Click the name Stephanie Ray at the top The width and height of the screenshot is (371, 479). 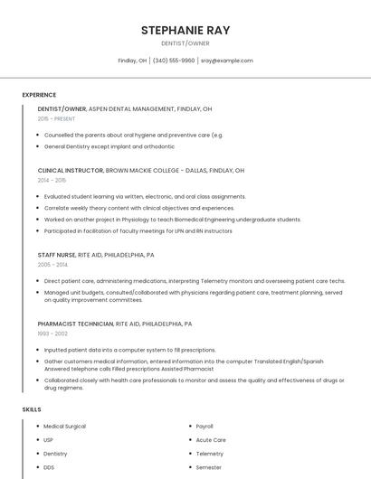tap(185, 31)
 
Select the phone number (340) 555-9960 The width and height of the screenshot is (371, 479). tap(174, 61)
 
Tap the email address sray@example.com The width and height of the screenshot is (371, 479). tap(227, 61)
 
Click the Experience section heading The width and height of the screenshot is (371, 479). tap(39, 95)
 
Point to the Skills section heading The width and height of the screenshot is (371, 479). tap(32, 409)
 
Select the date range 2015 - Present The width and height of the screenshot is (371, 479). tap(56, 118)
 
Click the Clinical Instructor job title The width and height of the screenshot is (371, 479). tap(71, 170)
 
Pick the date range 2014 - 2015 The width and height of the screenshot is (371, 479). tap(52, 180)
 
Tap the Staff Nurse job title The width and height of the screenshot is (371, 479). tap(57, 255)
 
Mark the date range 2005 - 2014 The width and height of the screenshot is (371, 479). tap(52, 265)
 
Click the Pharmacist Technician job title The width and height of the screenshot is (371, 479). tap(76, 324)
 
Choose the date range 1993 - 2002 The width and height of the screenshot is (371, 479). tap(52, 333)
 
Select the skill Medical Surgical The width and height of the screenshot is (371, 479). tap(64, 426)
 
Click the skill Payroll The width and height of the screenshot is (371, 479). tap(205, 426)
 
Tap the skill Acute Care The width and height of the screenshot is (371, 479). tap(210, 440)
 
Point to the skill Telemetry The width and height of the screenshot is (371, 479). tap(209, 454)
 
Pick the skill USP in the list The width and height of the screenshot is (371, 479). tap(49, 440)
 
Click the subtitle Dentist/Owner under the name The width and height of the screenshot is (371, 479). tap(185, 42)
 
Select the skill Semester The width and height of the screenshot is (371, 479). tap(209, 467)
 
